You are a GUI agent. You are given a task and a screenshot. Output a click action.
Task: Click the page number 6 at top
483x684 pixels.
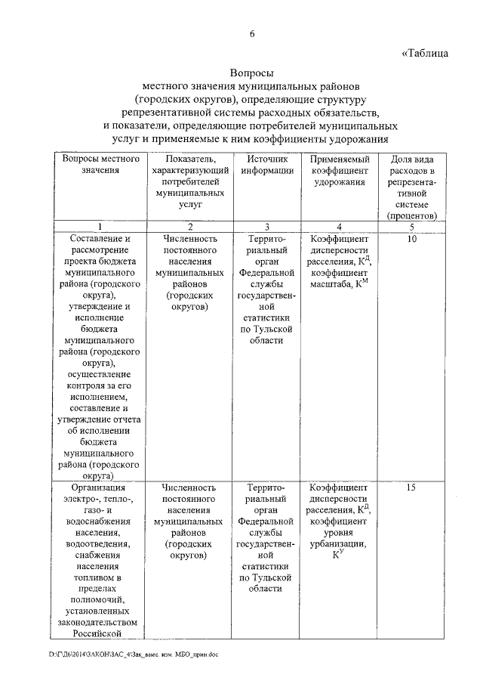pos(252,34)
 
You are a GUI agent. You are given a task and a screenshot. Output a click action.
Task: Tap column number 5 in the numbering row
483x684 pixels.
pos(411,226)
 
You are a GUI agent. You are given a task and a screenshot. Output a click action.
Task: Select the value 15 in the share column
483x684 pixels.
pos(411,487)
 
